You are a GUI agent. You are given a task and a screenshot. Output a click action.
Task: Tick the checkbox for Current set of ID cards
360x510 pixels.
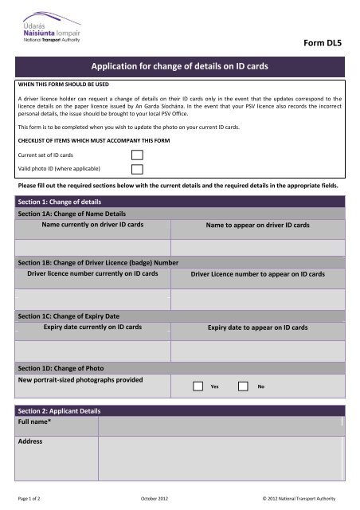(138, 154)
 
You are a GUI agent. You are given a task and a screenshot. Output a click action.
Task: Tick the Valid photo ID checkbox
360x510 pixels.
(138, 169)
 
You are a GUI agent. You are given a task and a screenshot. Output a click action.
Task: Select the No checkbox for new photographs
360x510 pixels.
(244, 386)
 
